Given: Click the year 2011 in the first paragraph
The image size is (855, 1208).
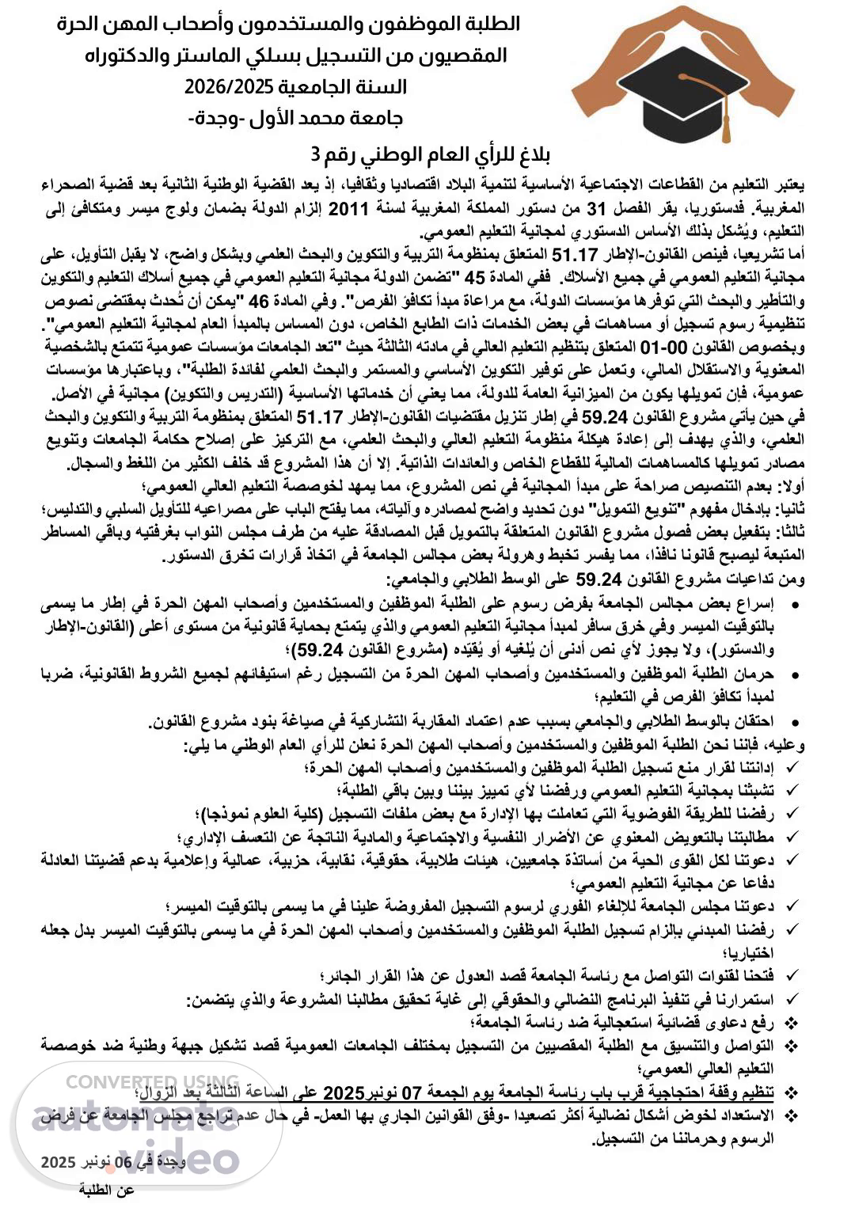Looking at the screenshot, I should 349,211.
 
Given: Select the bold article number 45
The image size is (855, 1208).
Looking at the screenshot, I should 473,278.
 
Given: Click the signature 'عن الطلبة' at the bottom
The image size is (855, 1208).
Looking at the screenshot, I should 107,1190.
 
